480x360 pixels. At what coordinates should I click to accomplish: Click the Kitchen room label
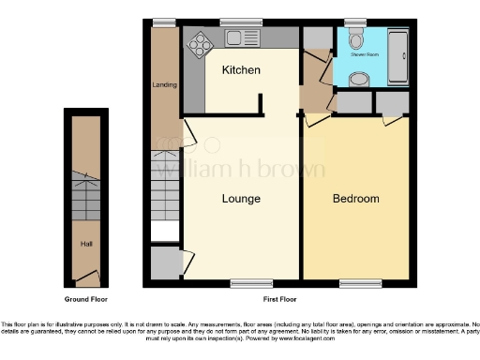tap(241, 71)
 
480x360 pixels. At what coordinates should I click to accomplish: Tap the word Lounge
tap(241, 199)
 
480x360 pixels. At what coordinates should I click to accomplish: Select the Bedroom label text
tap(356, 199)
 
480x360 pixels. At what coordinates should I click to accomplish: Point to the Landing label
tap(158, 84)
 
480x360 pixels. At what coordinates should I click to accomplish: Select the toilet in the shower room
tap(352, 40)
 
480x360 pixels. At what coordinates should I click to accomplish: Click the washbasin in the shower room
tap(357, 79)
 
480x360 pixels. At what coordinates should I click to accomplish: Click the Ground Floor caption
tap(85, 299)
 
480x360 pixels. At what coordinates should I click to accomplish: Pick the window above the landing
tap(165, 22)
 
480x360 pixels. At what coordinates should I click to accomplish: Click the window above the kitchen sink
tap(241, 22)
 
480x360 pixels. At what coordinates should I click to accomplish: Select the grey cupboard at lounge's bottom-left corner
tap(166, 264)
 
